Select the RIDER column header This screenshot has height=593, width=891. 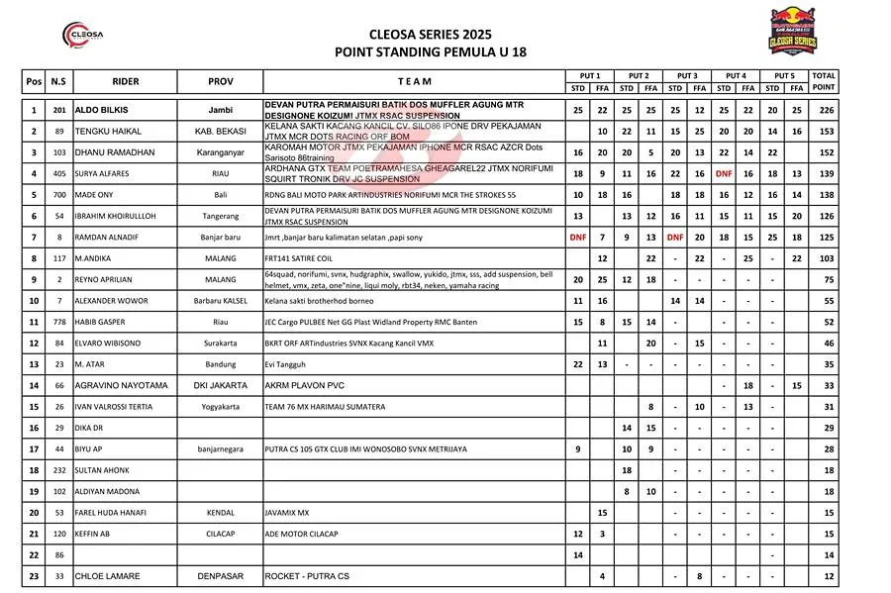[125, 81]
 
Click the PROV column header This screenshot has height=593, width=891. [220, 81]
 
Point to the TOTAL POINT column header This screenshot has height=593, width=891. [823, 81]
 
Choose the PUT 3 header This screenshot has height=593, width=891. [687, 75]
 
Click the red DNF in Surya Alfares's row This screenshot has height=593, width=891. [724, 173]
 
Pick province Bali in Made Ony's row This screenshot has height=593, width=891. [220, 195]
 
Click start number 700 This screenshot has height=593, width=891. [58, 195]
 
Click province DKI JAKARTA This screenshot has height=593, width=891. [220, 385]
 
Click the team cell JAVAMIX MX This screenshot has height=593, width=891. [287, 513]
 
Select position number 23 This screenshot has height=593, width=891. [34, 576]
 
